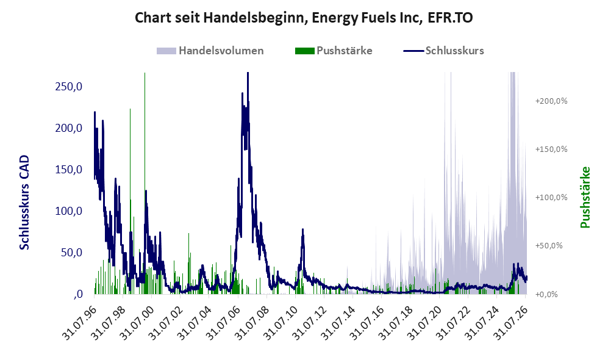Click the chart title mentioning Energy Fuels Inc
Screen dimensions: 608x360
[304, 18]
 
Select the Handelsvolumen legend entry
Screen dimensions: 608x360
[210, 51]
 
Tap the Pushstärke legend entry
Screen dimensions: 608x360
[334, 51]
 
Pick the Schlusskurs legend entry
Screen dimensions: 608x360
[443, 51]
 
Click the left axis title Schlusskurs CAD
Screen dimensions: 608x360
[24, 203]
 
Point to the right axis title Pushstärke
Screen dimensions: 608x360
[585, 198]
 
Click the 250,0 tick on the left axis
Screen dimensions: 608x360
[69, 87]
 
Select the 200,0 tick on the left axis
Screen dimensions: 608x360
[69, 128]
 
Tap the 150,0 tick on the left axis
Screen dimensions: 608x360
[69, 170]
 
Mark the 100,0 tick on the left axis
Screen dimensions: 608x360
[69, 211]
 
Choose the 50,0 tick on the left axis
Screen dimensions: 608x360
[71, 253]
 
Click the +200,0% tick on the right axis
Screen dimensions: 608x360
[551, 101]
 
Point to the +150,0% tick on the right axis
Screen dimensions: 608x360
[551, 149]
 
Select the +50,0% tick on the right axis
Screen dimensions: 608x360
[549, 245]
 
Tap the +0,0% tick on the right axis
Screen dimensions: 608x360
[547, 294]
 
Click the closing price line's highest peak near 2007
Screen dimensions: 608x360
[248, 73]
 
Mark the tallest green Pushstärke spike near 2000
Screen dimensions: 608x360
[145, 182]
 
